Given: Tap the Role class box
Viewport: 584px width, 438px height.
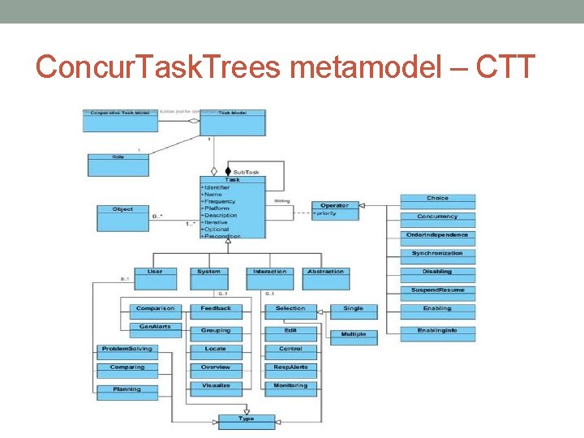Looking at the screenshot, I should pos(118,163).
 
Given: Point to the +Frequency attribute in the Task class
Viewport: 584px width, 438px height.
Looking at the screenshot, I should pos(218,201).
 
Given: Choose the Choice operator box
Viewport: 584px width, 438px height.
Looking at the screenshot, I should pos(437,200).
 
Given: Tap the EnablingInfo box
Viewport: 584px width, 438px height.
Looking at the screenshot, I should pos(437,333).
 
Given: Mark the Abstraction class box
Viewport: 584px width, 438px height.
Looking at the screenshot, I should pos(325,277).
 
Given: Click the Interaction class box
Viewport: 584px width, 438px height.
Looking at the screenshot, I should pos(269,277).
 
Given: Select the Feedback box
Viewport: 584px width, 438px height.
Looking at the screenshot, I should pos(216,311).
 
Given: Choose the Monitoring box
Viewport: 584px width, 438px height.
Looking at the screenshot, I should pos(290,389).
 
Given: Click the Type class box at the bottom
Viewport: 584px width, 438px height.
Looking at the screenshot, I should pos(246,421).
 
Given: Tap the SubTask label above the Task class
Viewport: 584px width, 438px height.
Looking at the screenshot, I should pos(246,172).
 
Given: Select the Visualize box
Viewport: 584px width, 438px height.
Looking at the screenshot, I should pos(216,389).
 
